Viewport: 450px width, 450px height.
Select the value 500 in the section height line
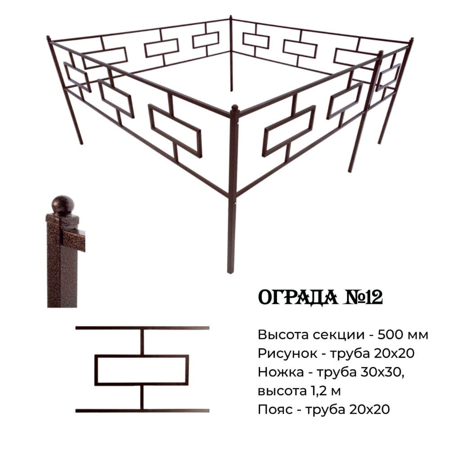point(390,335)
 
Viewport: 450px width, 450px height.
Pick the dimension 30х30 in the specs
point(387,373)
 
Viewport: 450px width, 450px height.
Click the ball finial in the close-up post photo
point(62,205)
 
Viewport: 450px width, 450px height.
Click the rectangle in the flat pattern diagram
point(141,370)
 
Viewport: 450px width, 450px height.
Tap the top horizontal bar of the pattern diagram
point(142,328)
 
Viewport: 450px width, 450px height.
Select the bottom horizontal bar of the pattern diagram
point(142,410)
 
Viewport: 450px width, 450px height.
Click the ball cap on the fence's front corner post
point(234,108)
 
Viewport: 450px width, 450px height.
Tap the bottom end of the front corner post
point(230,271)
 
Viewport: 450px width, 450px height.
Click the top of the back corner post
point(231,18)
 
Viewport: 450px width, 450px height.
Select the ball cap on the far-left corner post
point(49,38)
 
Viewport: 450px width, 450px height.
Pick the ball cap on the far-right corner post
point(411,40)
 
